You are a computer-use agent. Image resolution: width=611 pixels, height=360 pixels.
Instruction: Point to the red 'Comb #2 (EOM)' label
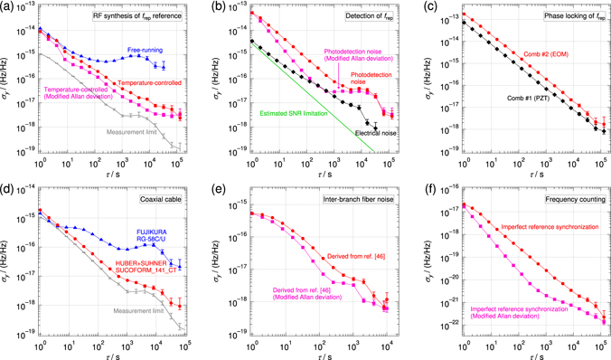click(x=550, y=55)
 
